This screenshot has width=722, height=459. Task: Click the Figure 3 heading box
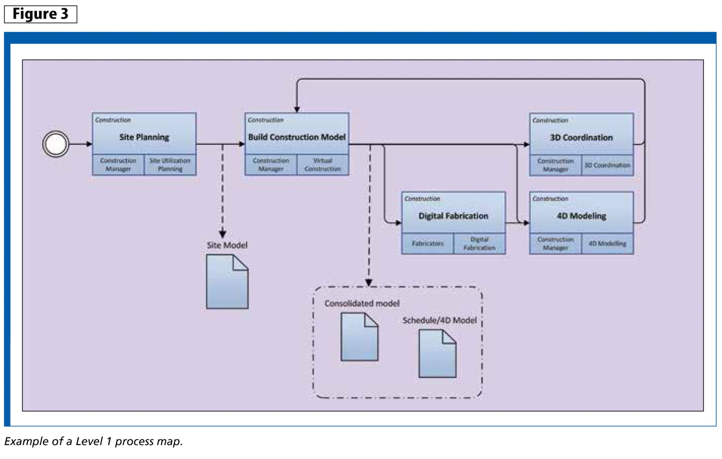(x=41, y=14)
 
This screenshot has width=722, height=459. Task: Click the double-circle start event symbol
(x=56, y=144)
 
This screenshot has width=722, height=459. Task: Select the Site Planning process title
(x=144, y=137)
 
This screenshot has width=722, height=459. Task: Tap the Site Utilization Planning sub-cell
(x=170, y=165)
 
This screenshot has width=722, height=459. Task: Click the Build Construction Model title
(x=296, y=137)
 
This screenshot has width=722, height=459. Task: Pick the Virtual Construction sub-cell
(x=323, y=165)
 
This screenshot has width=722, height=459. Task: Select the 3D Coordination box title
(x=581, y=137)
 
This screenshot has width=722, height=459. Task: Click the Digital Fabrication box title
(x=453, y=216)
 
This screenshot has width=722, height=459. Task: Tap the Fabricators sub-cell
(x=427, y=243)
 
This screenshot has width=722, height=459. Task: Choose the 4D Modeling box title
(x=581, y=216)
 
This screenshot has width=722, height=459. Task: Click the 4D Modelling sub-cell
(x=607, y=243)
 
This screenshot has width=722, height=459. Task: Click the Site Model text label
(x=227, y=245)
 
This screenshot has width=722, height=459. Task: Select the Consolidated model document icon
(x=359, y=337)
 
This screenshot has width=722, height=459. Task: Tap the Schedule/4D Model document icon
(x=437, y=354)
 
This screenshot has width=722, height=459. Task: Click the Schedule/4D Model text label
(x=439, y=320)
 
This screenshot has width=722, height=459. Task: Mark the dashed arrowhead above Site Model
(x=222, y=234)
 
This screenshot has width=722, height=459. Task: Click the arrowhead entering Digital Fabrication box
(x=398, y=223)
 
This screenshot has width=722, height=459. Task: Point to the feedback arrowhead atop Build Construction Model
(x=297, y=109)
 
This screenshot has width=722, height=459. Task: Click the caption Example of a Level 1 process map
(x=93, y=441)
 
